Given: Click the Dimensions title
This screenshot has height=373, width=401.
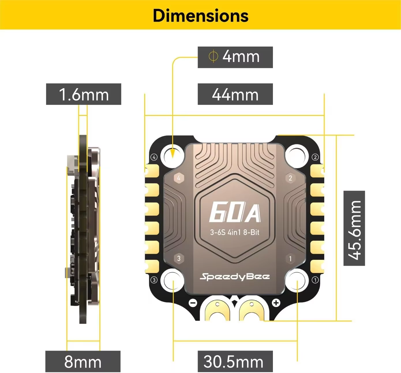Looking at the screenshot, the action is [201, 16].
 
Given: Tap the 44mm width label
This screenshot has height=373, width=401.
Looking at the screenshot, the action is [235, 94].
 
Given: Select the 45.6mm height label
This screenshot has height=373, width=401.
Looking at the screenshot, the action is [354, 228].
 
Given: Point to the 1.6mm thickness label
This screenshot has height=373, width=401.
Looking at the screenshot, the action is [84, 94].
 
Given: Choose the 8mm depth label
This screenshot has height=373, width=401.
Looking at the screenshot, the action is [83, 362].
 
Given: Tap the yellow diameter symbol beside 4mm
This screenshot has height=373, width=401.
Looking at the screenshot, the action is [213, 57].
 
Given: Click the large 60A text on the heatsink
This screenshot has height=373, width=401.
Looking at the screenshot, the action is [235, 212].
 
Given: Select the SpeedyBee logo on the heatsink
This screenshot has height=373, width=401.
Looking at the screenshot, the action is [235, 277].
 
